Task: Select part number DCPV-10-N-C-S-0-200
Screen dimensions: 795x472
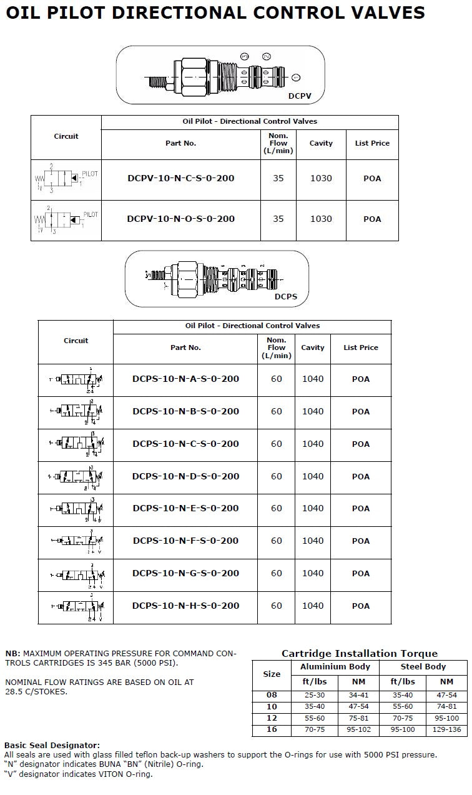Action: pyautogui.click(x=181, y=178)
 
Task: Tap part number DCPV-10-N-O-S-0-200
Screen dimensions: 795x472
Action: pyautogui.click(x=181, y=219)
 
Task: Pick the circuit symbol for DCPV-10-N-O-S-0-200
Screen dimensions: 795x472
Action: pyautogui.click(x=66, y=221)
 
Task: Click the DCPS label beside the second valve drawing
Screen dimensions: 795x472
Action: pyautogui.click(x=286, y=296)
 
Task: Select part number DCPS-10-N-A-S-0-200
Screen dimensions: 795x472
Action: pyautogui.click(x=185, y=379)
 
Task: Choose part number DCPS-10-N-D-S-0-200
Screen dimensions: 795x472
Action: pyautogui.click(x=185, y=476)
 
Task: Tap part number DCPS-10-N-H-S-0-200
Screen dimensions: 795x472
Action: pyautogui.click(x=185, y=606)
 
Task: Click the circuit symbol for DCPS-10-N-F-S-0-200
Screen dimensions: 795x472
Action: pyautogui.click(x=76, y=541)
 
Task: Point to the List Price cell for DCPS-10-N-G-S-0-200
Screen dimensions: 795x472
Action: pyautogui.click(x=360, y=573)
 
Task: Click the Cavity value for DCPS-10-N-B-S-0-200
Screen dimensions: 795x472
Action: pyautogui.click(x=313, y=411)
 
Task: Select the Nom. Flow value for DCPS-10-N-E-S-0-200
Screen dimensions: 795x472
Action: pyautogui.click(x=277, y=509)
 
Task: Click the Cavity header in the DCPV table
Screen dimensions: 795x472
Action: pyautogui.click(x=321, y=143)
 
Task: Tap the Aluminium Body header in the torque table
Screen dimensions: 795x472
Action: pyautogui.click(x=335, y=667)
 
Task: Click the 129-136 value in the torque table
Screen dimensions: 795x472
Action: pyautogui.click(x=446, y=729)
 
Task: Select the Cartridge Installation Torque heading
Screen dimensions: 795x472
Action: pyautogui.click(x=360, y=654)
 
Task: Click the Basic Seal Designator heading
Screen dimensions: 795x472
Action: pyautogui.click(x=52, y=746)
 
